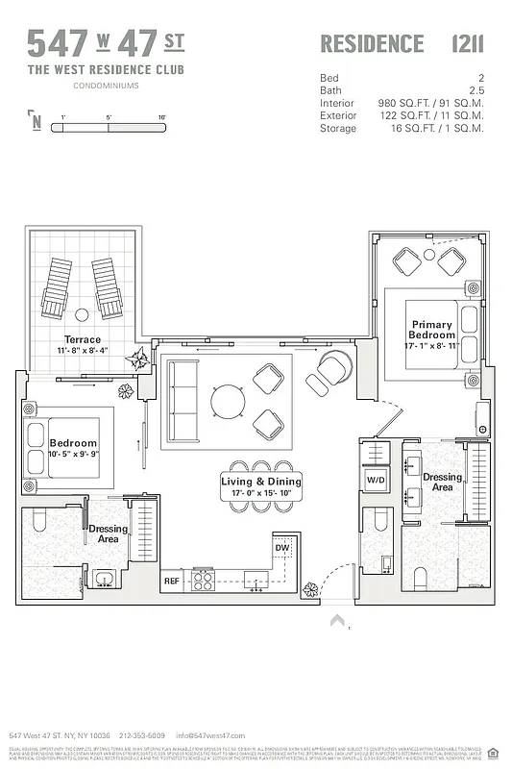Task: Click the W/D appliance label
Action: tap(375, 479)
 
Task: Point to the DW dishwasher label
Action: tap(281, 548)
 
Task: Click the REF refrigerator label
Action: tap(172, 581)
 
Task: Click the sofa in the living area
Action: tap(181, 398)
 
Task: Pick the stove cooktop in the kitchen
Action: tap(204, 580)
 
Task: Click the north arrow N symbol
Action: tap(36, 121)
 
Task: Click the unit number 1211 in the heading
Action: tap(467, 44)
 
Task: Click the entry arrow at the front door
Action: tap(337, 621)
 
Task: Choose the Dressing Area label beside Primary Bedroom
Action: tap(443, 483)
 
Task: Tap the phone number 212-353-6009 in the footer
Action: tap(142, 735)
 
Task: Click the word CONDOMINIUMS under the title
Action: tap(106, 86)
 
